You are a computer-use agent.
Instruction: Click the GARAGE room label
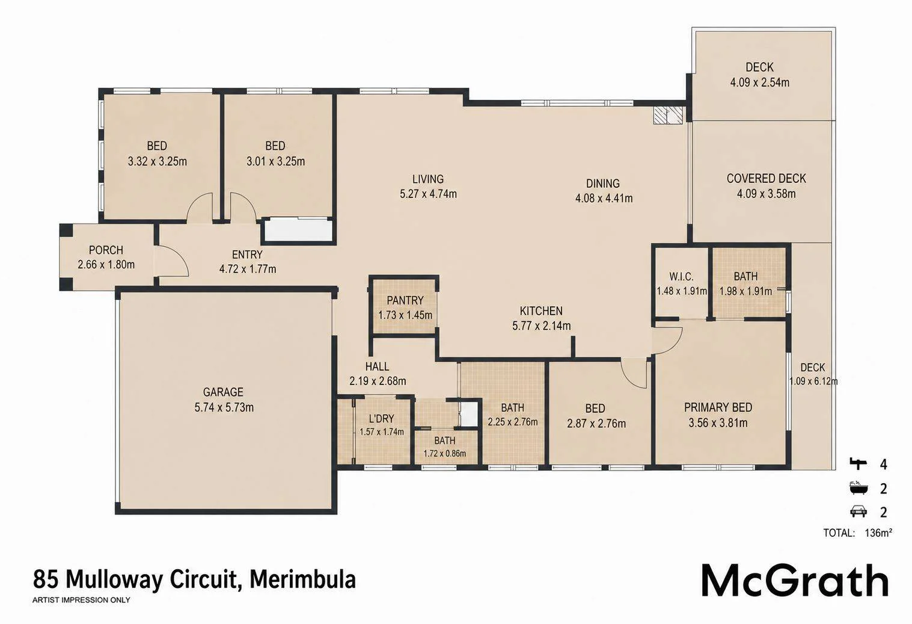[223, 392]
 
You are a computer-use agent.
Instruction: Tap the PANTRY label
[405, 300]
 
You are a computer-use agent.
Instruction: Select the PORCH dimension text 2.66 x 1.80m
[106, 265]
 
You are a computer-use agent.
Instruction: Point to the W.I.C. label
[682, 277]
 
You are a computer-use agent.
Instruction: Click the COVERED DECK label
[767, 179]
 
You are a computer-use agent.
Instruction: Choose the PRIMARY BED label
[718, 407]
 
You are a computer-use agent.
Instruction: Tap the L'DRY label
[382, 419]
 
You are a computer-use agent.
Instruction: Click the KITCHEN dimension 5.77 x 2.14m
[542, 326]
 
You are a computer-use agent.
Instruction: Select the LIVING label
[428, 179]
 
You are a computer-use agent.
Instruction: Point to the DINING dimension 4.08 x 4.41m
[604, 199]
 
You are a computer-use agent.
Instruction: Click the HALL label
[377, 366]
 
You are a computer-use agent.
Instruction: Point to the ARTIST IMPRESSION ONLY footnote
[81, 600]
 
